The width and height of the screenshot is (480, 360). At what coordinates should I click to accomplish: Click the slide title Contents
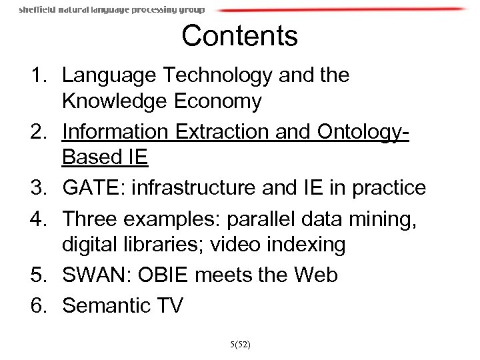point(239,36)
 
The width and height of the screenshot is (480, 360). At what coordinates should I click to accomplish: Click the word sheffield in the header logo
point(37,10)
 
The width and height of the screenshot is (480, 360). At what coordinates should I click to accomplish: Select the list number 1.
point(38,75)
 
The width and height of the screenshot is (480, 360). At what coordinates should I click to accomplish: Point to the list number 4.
point(38,217)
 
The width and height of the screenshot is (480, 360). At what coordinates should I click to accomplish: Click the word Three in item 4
point(89,217)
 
